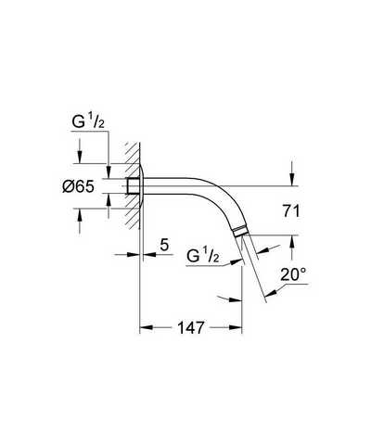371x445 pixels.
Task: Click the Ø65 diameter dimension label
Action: coord(78,186)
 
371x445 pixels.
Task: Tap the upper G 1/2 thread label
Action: coord(88,122)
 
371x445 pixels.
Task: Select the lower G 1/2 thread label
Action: coord(203,257)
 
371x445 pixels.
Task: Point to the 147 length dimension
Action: coord(191,327)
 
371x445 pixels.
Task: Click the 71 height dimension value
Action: coord(291,211)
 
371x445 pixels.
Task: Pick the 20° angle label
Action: coord(293,274)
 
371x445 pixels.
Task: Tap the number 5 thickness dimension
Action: coord(164,245)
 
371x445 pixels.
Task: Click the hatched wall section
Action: coord(133,185)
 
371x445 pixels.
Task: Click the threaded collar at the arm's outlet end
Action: coord(240,232)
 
